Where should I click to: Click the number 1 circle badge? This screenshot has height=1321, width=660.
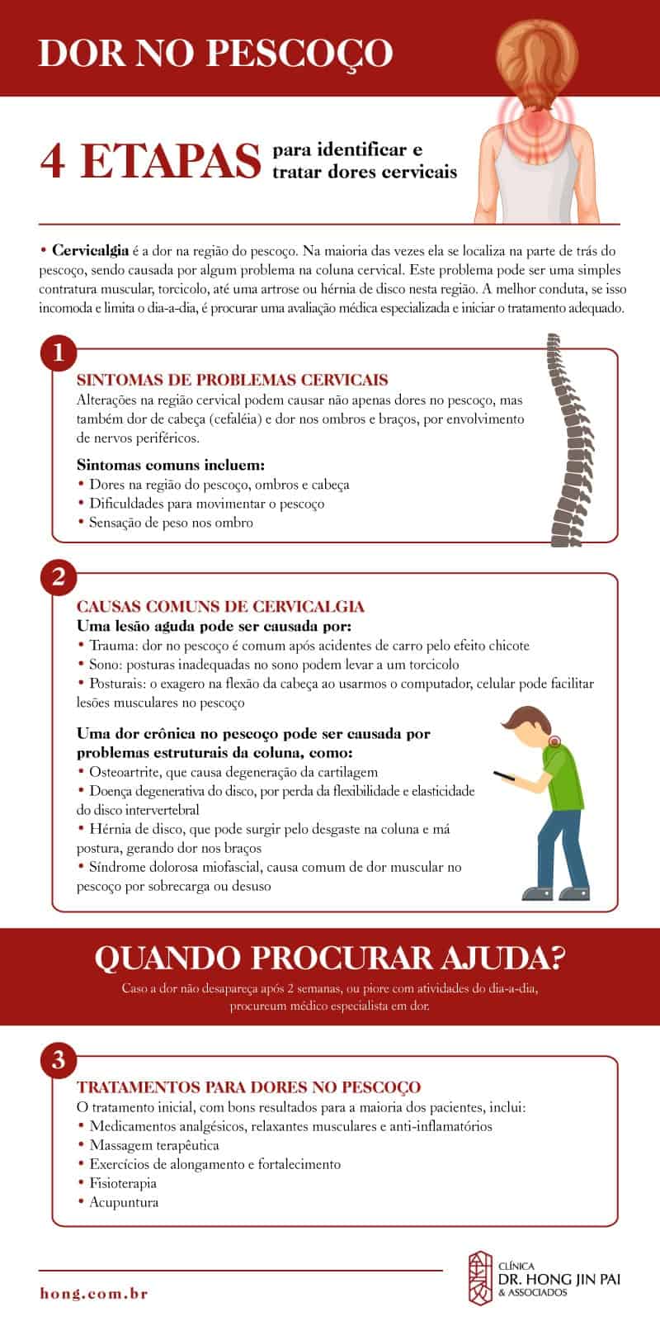tap(58, 354)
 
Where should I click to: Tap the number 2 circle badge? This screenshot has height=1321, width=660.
tap(58, 577)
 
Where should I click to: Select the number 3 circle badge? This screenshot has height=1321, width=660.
tap(58, 1060)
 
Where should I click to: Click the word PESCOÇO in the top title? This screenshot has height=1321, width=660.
tap(300, 53)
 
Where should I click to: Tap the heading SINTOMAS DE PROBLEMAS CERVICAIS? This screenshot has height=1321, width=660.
tap(232, 381)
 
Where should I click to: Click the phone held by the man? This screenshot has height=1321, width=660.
tap(505, 776)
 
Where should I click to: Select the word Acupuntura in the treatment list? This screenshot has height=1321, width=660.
tap(124, 1202)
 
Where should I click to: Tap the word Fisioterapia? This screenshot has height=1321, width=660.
tap(123, 1183)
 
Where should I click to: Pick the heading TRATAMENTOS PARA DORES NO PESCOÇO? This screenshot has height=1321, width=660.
tap(248, 1087)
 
